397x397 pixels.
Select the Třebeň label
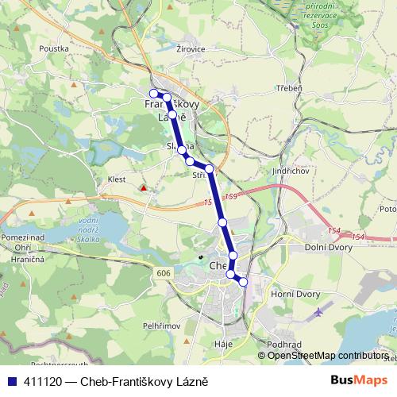pos(289,87)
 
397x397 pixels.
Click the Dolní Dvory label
pos(328,248)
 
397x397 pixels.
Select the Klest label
pos(117,179)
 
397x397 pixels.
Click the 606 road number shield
pos(162,272)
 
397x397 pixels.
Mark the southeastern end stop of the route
pos(243,282)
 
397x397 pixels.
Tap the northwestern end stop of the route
pos(154,94)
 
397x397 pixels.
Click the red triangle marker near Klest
pos(143,189)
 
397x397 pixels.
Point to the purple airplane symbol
pos(319,311)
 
